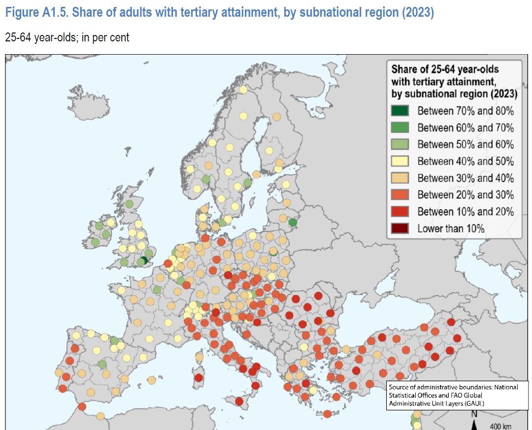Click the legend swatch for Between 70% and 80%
[400, 111]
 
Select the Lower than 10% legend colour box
[400, 228]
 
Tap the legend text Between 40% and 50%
[465, 161]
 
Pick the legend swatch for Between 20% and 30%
[400, 195]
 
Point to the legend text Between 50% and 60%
[465, 144]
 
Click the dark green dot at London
[144, 260]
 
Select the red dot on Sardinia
[199, 378]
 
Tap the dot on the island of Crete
[327, 414]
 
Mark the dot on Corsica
[199, 357]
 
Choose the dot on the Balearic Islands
[151, 380]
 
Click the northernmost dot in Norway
[243, 90]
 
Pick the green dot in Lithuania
[293, 223]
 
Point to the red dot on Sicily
[239, 401]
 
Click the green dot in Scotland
[129, 204]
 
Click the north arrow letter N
[474, 414]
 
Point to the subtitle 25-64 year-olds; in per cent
[67, 37]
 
